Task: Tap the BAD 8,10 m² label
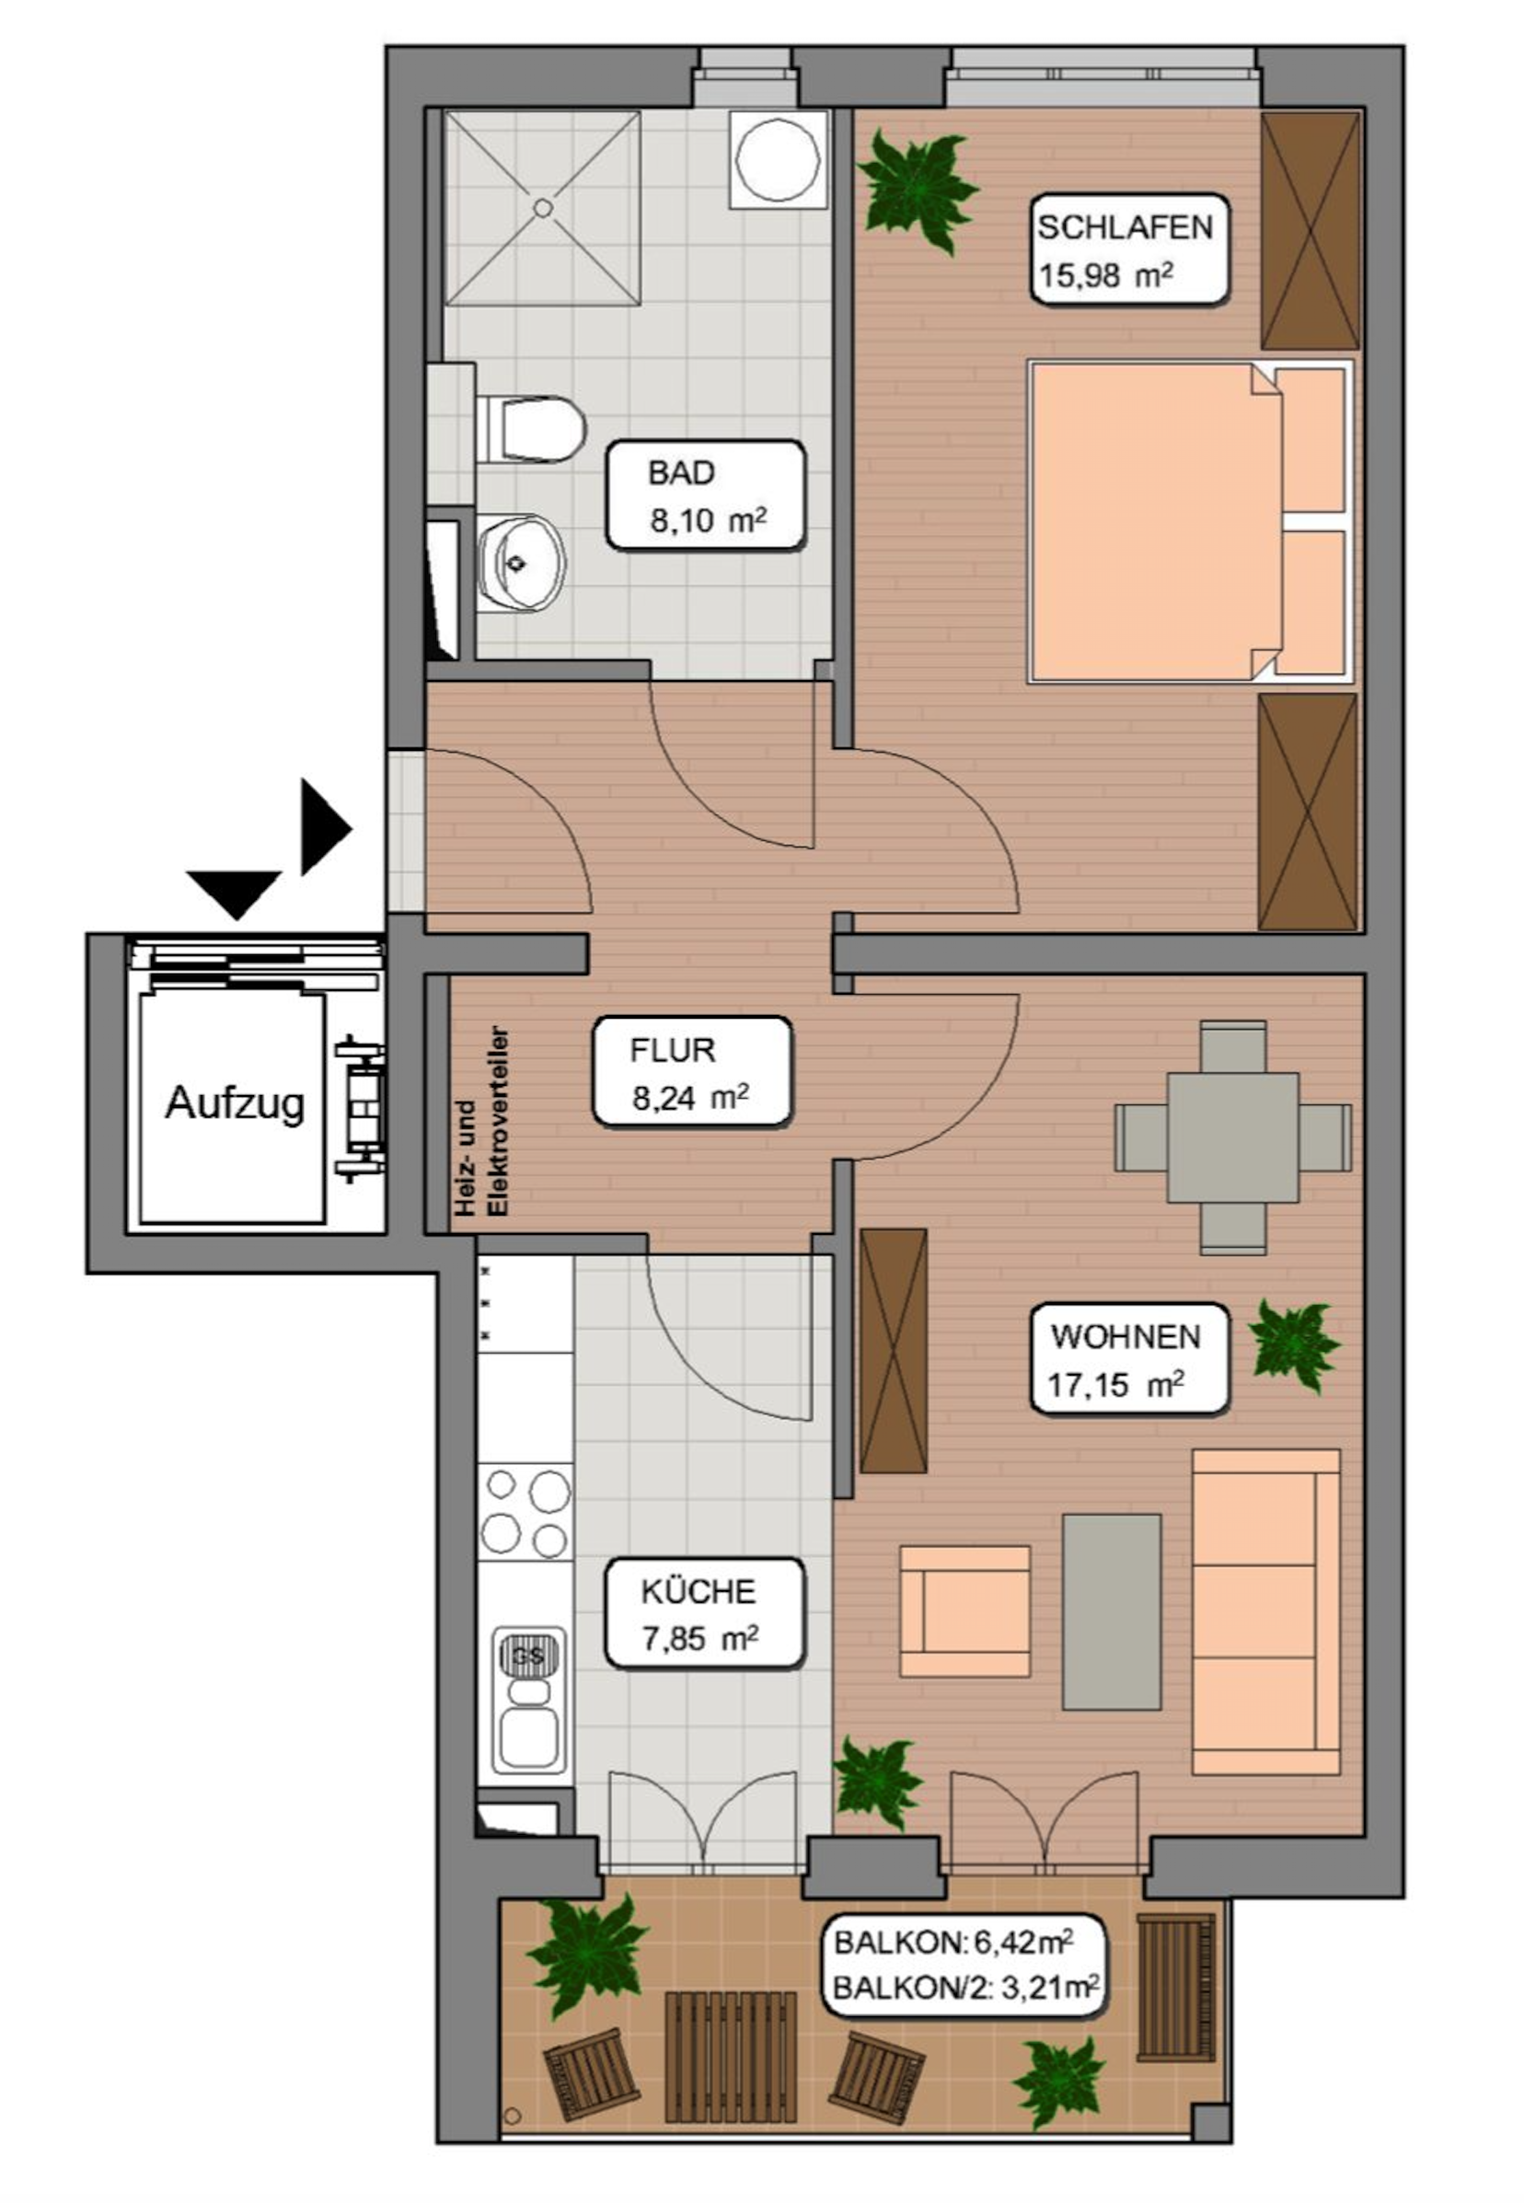pyautogui.click(x=706, y=495)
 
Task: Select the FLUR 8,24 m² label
pyautogui.click(x=692, y=1071)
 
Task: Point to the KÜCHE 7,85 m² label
pyautogui.click(x=704, y=1614)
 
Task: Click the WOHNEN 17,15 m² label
pyautogui.click(x=1128, y=1359)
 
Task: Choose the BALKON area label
pyautogui.click(x=964, y=1966)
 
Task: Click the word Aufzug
pyautogui.click(x=235, y=1103)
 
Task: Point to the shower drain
pyautogui.click(x=543, y=207)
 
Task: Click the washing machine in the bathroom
pyautogui.click(x=779, y=159)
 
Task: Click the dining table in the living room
pyautogui.click(x=1233, y=1136)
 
